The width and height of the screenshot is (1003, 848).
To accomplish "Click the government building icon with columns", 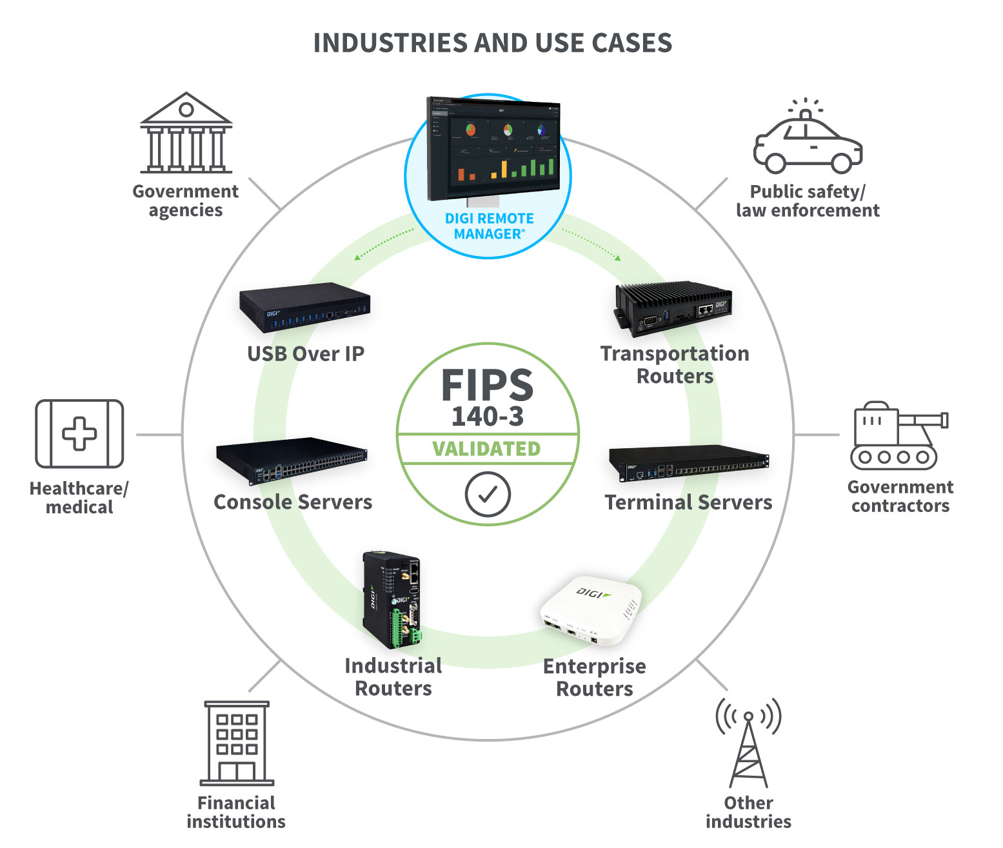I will click(x=186, y=133).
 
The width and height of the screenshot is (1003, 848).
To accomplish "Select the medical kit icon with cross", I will click(x=79, y=433).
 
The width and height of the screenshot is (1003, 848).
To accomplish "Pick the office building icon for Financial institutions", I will click(x=237, y=743).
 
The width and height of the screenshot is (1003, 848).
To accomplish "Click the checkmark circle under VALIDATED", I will click(x=488, y=494).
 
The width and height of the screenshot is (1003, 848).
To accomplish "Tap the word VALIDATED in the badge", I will click(x=487, y=449).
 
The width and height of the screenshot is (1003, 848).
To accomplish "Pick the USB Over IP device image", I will click(x=305, y=307).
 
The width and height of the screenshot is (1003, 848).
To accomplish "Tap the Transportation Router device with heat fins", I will click(x=673, y=308).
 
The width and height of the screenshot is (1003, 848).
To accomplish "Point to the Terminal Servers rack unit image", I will click(x=688, y=463).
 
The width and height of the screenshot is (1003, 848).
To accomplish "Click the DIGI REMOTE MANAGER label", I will click(x=489, y=226).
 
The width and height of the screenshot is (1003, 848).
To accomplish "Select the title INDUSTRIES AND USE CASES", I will click(x=492, y=43).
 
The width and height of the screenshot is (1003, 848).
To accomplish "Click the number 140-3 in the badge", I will click(x=487, y=417).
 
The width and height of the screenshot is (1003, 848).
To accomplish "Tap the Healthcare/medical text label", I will click(x=79, y=498).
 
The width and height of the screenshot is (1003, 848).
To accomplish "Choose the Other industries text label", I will click(x=748, y=812).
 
